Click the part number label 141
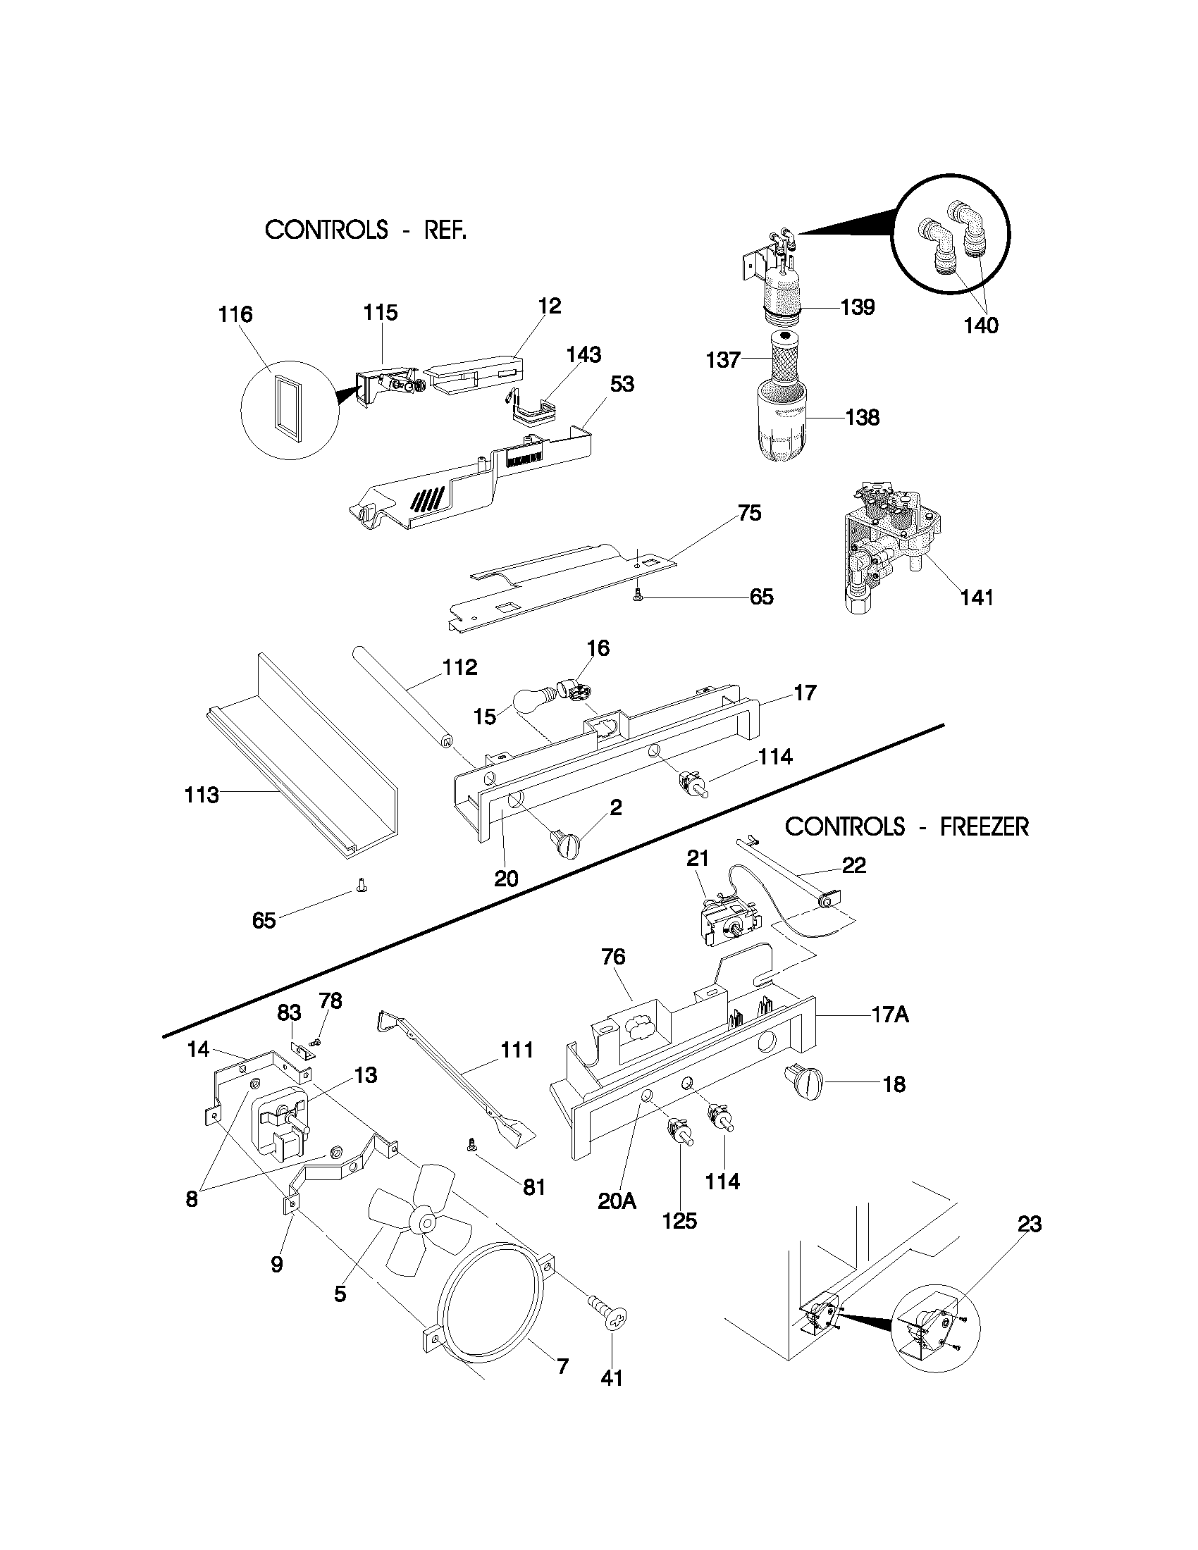[x=977, y=597]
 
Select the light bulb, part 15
[x=532, y=704]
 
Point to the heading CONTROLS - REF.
[x=366, y=230]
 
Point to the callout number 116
[x=235, y=314]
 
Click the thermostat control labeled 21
[x=727, y=923]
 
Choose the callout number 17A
[x=890, y=1015]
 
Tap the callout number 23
[x=1029, y=1224]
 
